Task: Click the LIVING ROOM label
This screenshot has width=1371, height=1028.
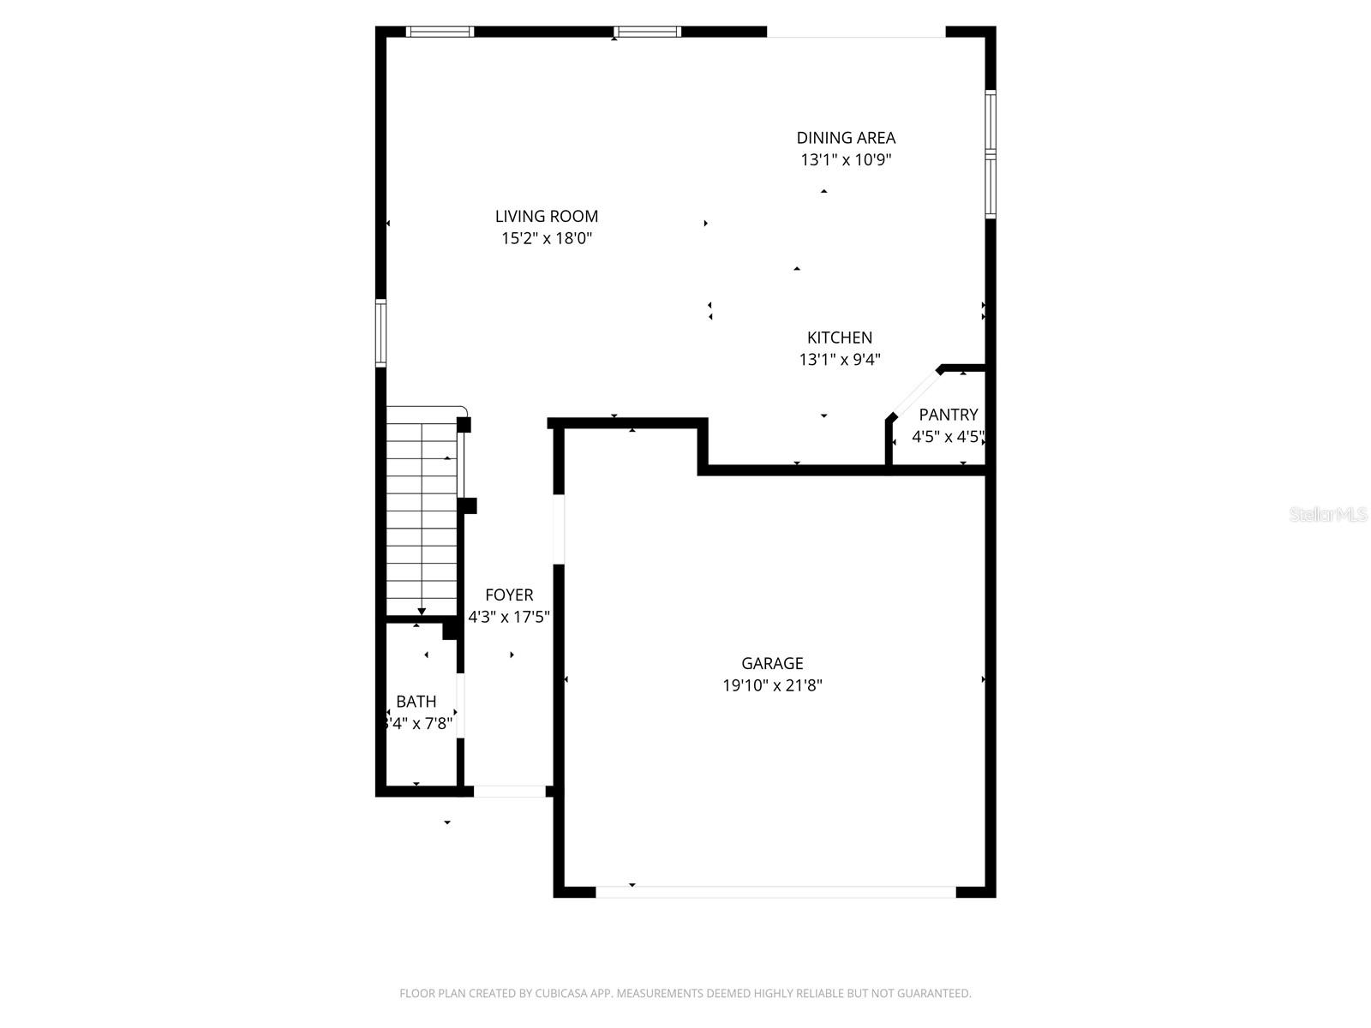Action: point(547,217)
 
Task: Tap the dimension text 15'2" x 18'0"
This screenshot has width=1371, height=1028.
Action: point(547,239)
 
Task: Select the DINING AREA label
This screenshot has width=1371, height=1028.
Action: point(846,138)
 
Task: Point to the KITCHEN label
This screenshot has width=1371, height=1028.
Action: point(840,338)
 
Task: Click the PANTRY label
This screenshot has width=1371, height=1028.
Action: point(948,415)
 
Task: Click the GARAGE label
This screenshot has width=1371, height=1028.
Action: point(772,663)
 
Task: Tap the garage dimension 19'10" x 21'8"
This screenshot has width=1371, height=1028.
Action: point(772,685)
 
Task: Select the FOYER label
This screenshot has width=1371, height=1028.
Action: point(509,595)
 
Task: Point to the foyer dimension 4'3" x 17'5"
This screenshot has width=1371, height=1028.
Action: point(509,617)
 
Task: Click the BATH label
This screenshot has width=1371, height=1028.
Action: point(416,702)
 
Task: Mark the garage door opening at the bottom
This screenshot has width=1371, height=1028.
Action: point(775,892)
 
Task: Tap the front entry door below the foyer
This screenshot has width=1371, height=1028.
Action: point(510,792)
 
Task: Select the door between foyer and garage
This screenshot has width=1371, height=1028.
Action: point(559,529)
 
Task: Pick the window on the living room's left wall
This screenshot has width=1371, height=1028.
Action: point(381,333)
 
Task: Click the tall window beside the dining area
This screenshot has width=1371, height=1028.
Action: point(991,154)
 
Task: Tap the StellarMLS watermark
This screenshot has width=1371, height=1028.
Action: point(1328,515)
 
